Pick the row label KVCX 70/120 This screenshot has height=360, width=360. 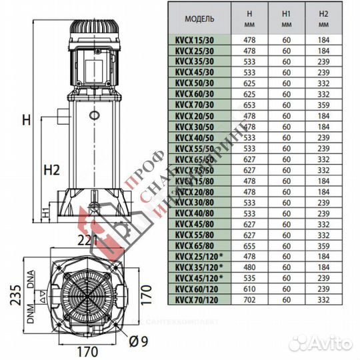[197, 300]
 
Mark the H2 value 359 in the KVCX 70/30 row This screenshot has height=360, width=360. [324, 105]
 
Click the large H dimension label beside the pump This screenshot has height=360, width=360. [26, 120]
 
